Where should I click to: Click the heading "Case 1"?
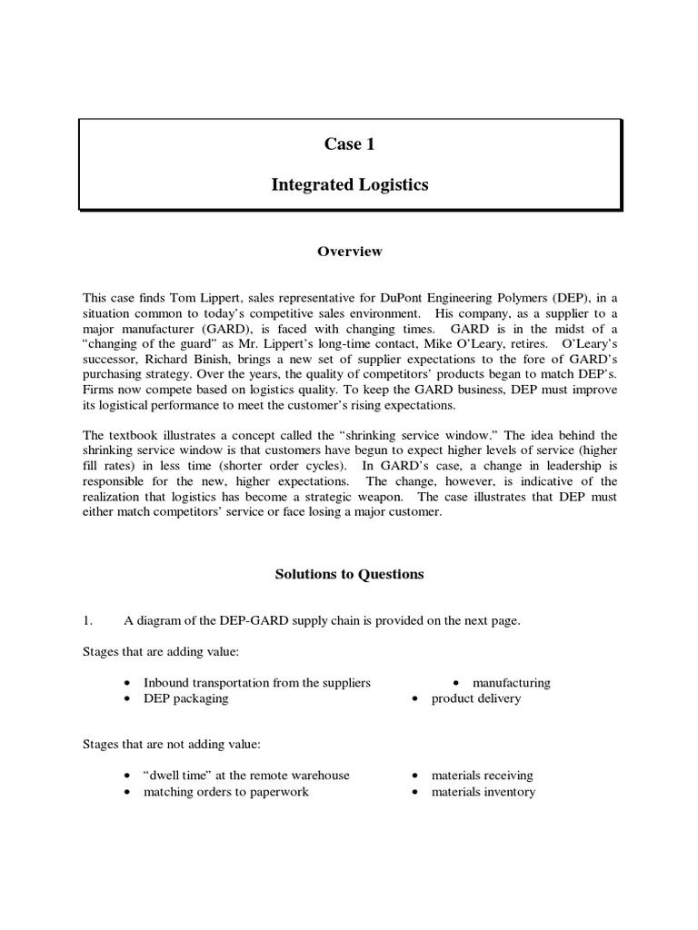pos(350,144)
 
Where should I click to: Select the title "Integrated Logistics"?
pos(350,185)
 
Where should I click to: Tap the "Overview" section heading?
pos(349,252)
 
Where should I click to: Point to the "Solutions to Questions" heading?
pos(349,574)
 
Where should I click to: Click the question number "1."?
pos(88,621)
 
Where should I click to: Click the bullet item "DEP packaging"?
pos(185,698)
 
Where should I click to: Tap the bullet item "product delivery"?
pos(476,698)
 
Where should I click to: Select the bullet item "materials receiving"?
pos(482,776)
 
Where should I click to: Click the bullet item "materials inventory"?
pos(483,792)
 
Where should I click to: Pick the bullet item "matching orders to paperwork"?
pos(225,792)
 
